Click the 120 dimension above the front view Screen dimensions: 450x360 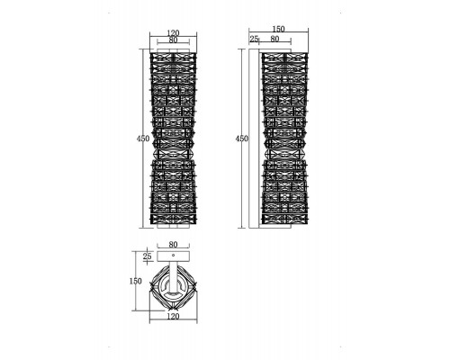pyautogui.click(x=173, y=32)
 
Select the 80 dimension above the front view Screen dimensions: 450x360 pyautogui.click(x=173, y=40)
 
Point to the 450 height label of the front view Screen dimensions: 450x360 pyautogui.click(x=143, y=139)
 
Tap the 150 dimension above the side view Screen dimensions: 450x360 pyautogui.click(x=278, y=29)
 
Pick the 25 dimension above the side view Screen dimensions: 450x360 pyautogui.click(x=254, y=39)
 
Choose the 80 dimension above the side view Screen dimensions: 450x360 pyautogui.click(x=274, y=39)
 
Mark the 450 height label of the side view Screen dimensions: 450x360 pyautogui.click(x=242, y=139)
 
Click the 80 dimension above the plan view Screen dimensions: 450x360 pyautogui.click(x=173, y=245)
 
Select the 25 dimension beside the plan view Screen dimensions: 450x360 pyautogui.click(x=147, y=256)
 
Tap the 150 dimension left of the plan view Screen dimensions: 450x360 pyautogui.click(x=136, y=282)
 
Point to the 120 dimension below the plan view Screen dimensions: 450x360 pyautogui.click(x=173, y=316)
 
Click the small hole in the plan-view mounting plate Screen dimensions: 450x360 pyautogui.click(x=173, y=255)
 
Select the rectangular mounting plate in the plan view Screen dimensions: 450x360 pyautogui.click(x=173, y=256)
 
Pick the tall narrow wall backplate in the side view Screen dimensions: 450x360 pyautogui.click(x=254, y=139)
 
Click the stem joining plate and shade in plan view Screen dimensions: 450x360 pyautogui.click(x=173, y=276)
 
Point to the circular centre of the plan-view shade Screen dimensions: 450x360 pyautogui.click(x=173, y=286)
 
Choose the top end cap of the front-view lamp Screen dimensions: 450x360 pyautogui.click(x=173, y=50)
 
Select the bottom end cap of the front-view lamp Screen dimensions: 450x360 pyautogui.click(x=173, y=226)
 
